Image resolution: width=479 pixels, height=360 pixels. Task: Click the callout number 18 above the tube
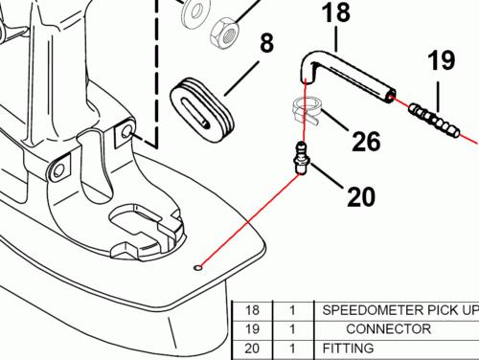click(x=336, y=12)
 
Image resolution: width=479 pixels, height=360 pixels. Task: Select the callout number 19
click(x=442, y=60)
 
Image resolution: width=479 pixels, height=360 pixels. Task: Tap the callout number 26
click(x=366, y=141)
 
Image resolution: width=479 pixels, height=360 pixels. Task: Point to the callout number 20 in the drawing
click(x=361, y=196)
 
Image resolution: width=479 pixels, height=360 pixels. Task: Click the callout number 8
click(x=267, y=43)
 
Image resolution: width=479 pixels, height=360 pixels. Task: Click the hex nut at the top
click(x=225, y=32)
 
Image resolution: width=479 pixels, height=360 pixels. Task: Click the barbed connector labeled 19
click(x=434, y=120)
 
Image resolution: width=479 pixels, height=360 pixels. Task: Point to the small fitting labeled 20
click(x=300, y=158)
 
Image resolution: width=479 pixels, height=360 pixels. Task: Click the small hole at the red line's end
click(x=198, y=268)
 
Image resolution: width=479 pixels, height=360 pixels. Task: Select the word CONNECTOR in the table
click(x=389, y=329)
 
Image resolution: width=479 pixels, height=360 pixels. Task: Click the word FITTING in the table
click(x=348, y=349)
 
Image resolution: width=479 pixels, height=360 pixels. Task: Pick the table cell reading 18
click(x=252, y=310)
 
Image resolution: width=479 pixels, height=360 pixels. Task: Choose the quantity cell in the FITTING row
click(x=292, y=349)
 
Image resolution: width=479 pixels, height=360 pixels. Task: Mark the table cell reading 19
click(x=252, y=329)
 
